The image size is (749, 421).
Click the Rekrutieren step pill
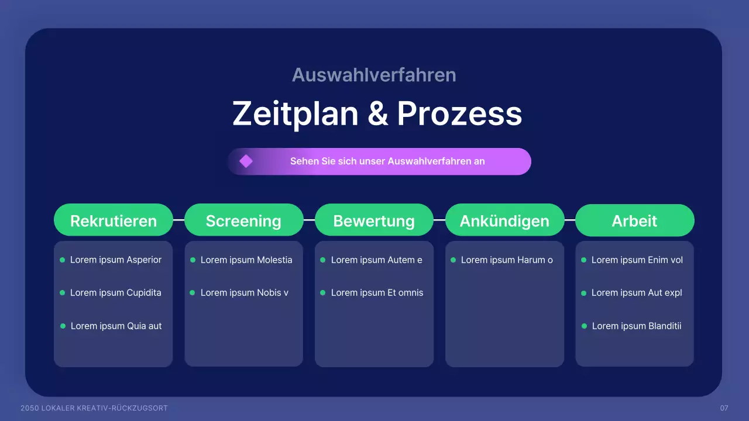pos(114,220)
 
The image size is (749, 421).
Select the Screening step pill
pos(244,220)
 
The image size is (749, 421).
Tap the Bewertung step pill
pos(374,220)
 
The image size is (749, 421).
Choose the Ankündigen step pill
pos(504,220)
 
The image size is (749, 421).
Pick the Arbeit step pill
pos(635,220)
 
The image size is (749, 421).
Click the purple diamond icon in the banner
pos(246,161)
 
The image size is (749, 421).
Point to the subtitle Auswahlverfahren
pos(374,75)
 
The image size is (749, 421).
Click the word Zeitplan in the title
pos(296,114)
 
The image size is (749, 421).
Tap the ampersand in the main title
pos(378,113)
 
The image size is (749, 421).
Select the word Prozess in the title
pos(459,113)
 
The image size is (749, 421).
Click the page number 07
pos(724,408)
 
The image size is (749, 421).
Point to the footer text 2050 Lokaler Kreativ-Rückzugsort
pos(94,408)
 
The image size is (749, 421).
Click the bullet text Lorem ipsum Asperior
pos(116,260)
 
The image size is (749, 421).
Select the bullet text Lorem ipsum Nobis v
pos(245,293)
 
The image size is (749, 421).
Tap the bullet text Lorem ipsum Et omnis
pos(377,293)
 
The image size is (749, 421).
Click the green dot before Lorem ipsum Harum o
pos(453,260)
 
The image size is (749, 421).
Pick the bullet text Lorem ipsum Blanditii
pos(637,326)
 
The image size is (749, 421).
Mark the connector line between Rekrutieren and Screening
pos(179,220)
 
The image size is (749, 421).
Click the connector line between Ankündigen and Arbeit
pos(570,220)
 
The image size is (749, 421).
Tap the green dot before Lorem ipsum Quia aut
pos(63,326)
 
